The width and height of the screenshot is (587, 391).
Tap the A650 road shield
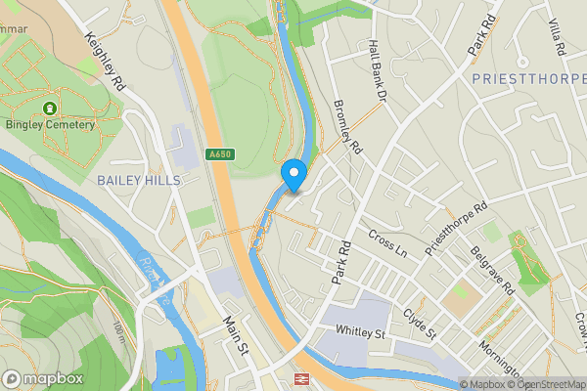pos(219,153)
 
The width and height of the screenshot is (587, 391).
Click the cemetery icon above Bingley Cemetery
pos(49,106)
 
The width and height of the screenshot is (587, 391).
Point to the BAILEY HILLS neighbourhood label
pos(138,181)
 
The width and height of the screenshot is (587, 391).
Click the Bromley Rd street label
pos(347,130)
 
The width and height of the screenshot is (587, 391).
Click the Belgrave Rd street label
pos(492,270)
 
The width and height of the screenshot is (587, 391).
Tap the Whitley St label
pos(362,331)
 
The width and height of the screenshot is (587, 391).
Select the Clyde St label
pos(419,324)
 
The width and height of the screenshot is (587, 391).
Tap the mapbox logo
pos(41,378)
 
